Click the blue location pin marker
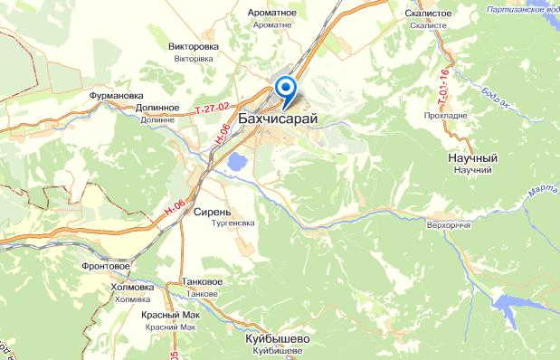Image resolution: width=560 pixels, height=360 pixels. pyautogui.click(x=286, y=89)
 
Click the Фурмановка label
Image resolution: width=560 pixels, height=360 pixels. pyautogui.click(x=117, y=93)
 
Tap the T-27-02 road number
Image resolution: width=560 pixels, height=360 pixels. pyautogui.click(x=210, y=109)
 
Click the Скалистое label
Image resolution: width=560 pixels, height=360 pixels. pyautogui.click(x=427, y=14)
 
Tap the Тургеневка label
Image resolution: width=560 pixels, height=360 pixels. pyautogui.click(x=233, y=222)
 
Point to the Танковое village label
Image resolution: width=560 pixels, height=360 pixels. pyautogui.click(x=201, y=282)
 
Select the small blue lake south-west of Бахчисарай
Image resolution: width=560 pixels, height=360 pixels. pyautogui.click(x=236, y=163)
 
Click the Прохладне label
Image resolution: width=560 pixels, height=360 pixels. pyautogui.click(x=445, y=117)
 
